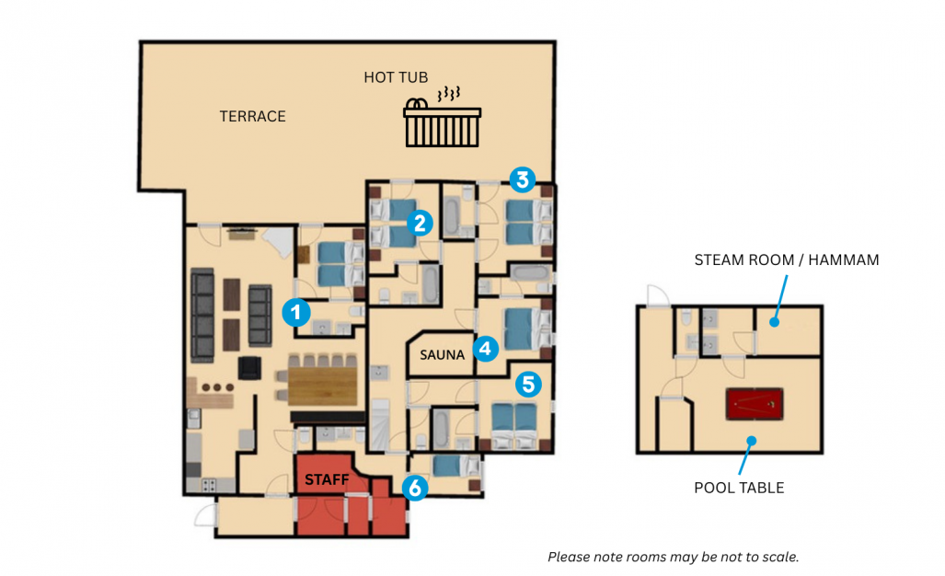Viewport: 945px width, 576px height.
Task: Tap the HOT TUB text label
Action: pos(396,77)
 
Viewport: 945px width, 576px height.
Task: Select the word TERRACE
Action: pos(252,116)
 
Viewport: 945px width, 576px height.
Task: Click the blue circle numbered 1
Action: pos(296,312)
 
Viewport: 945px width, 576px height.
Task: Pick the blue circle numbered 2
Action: pos(421,223)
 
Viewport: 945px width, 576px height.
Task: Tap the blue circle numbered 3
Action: pos(523,179)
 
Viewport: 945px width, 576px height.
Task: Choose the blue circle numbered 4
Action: pos(486,348)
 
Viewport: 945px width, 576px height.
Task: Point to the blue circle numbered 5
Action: pos(528,384)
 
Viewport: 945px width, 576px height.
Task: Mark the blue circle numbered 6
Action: pos(415,488)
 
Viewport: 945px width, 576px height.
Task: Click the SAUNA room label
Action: pos(443,355)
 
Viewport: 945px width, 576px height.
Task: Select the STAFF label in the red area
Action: pos(327,479)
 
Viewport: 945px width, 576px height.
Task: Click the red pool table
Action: pos(755,404)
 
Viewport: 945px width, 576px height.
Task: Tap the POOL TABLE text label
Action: pos(740,488)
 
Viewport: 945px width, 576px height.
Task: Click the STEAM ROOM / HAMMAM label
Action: pos(787,259)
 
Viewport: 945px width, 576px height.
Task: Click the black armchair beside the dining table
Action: pos(249,368)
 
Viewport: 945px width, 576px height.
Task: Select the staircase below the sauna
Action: pos(380,426)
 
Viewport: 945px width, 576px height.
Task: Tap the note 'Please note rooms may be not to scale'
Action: pos(674,557)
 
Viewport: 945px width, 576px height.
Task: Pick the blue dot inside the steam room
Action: pos(775,322)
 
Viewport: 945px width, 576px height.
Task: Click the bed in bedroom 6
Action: pos(455,466)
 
